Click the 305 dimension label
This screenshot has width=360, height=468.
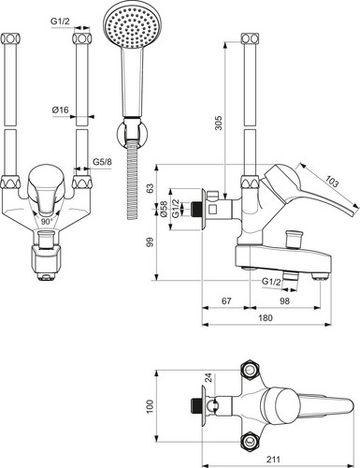pos(219,123)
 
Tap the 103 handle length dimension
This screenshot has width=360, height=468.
pos(331,182)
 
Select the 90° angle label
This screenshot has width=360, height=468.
pos(47,222)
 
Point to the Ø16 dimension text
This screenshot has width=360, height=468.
pos(60,110)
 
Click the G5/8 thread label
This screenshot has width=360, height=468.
pos(102,162)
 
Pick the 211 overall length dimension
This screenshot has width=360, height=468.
pos(273,460)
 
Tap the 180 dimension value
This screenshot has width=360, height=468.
pos(266,317)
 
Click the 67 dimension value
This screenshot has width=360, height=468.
pos(226,300)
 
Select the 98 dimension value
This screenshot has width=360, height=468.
pos(284,300)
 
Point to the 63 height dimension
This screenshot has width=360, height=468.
pos(151,188)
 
